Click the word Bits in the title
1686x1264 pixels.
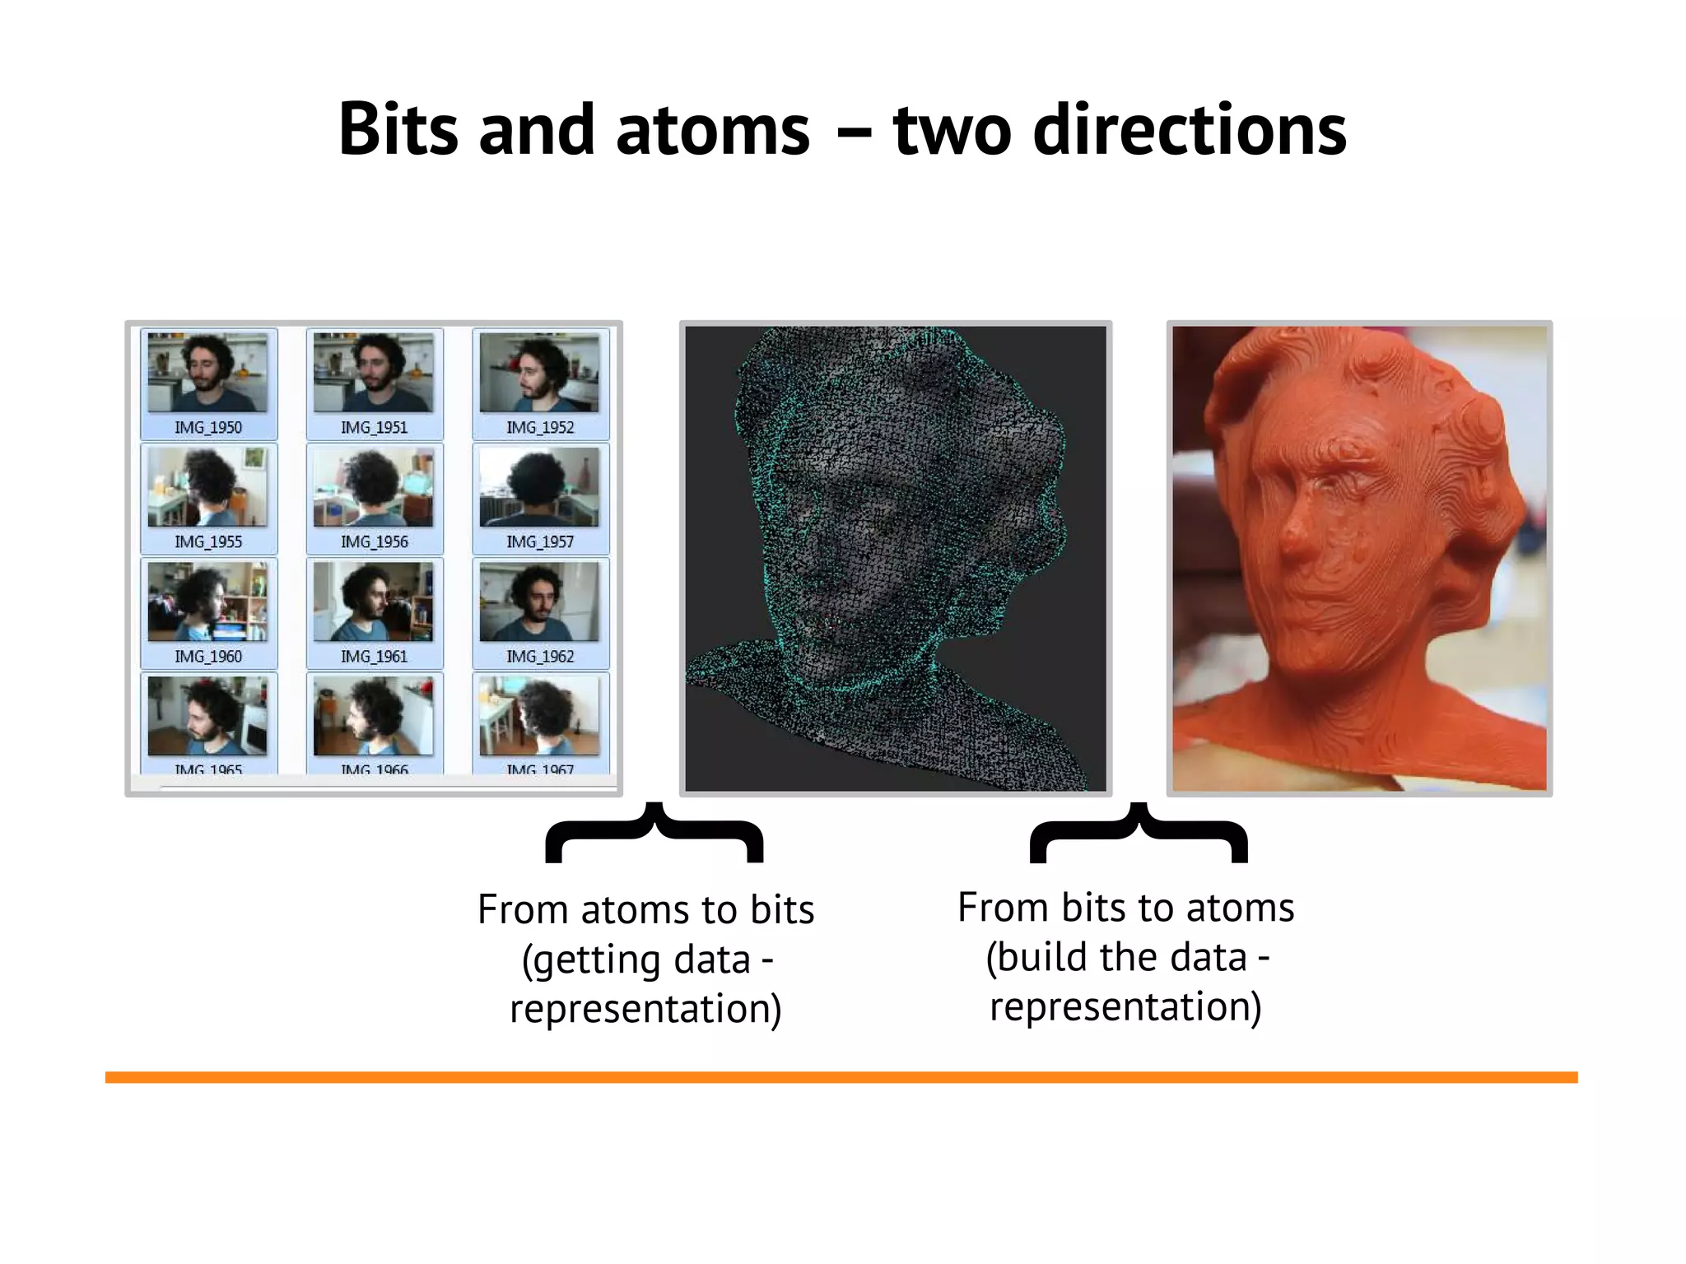(x=398, y=129)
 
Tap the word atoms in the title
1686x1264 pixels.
(x=712, y=129)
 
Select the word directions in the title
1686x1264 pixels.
(x=1190, y=129)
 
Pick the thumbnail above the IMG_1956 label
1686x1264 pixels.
(x=374, y=487)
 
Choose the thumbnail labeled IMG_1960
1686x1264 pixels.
(x=207, y=602)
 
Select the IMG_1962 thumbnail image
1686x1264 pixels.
(x=539, y=602)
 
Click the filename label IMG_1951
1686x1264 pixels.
(x=374, y=427)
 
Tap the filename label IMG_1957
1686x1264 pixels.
(x=539, y=541)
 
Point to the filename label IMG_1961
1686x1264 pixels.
(x=374, y=656)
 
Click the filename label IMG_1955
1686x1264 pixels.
(x=207, y=541)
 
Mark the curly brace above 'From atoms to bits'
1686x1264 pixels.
(x=654, y=833)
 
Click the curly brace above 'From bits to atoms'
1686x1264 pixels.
(x=1139, y=833)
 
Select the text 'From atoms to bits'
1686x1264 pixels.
(x=645, y=910)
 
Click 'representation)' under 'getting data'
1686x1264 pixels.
(x=645, y=1009)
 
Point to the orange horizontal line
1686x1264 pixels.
(x=841, y=1077)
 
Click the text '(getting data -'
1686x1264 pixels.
(x=647, y=960)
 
